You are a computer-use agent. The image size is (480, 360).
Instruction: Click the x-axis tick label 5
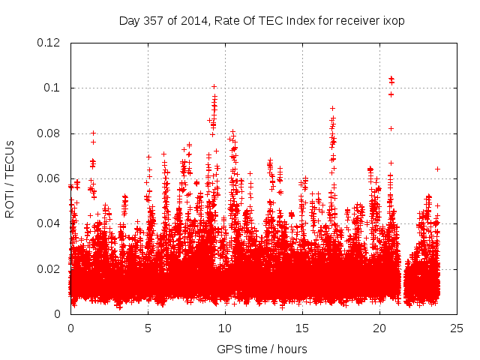[x=148, y=328]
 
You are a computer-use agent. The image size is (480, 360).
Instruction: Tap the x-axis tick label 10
[x=225, y=328]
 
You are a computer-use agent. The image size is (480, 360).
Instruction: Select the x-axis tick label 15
[x=302, y=328]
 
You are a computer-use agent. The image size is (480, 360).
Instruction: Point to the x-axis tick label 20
[x=379, y=328]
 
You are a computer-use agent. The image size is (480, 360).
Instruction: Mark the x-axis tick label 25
[x=457, y=328]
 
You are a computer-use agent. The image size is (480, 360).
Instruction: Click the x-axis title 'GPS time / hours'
[x=263, y=349]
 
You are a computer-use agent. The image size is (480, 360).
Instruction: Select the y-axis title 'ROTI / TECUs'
[x=10, y=178]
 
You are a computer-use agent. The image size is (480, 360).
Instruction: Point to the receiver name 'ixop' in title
[x=394, y=20]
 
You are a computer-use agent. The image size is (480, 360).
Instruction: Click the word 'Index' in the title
[x=303, y=20]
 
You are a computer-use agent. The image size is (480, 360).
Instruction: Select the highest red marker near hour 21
[x=391, y=78]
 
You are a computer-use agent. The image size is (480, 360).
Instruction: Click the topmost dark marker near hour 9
[x=214, y=86]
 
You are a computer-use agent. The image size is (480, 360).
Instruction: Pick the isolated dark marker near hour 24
[x=437, y=169]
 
